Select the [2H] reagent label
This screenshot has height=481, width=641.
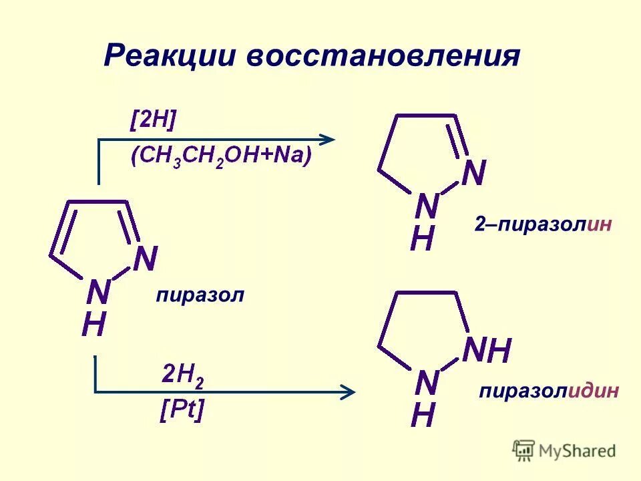[154, 121]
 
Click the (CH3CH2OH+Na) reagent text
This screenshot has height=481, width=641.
[221, 158]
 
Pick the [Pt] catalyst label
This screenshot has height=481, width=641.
[182, 409]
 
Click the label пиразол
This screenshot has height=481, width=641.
[200, 295]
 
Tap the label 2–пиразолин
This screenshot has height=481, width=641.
[543, 224]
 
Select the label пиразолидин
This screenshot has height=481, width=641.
[548, 391]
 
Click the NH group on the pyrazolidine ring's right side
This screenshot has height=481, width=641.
[487, 350]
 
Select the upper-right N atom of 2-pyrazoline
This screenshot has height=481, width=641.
[473, 173]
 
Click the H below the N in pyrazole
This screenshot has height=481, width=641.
[93, 325]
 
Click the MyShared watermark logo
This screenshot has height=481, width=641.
[564, 451]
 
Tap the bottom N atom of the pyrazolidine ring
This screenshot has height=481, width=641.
[427, 383]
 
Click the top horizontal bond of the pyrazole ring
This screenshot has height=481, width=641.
[98, 201]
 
